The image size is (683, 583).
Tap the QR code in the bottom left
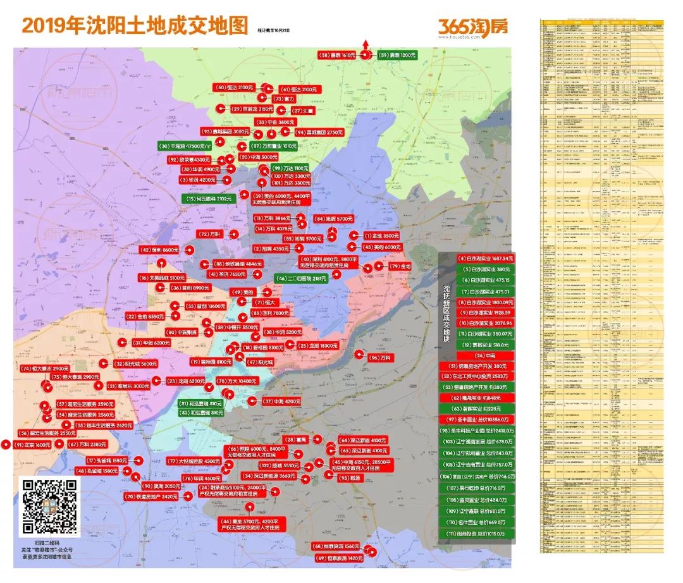click(x=51, y=506)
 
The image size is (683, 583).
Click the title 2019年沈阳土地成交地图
click(x=133, y=26)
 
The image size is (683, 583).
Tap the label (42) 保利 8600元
click(x=161, y=250)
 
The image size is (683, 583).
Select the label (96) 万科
click(x=382, y=358)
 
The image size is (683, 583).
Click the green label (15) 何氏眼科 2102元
click(x=209, y=199)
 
